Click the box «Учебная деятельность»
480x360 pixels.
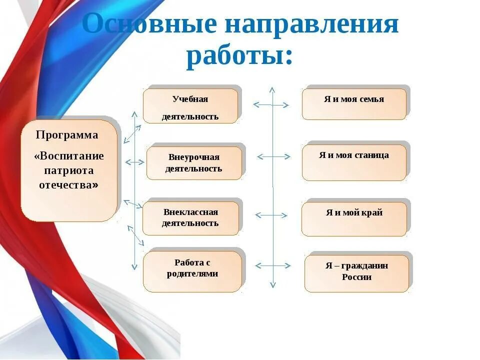(190, 106)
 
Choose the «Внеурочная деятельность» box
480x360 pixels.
(194, 163)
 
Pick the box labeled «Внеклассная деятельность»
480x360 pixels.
(190, 218)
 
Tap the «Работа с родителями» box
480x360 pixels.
(192, 271)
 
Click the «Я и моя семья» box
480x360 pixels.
(354, 104)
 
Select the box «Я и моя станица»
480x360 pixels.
(354, 162)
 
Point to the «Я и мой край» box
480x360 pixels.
(354, 219)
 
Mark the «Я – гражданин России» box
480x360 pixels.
(356, 273)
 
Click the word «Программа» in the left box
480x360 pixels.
(67, 135)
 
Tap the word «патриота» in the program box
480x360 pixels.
(69, 170)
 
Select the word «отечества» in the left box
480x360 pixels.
(66, 185)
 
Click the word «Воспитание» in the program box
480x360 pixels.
(71, 156)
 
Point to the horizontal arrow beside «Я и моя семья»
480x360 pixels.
(271, 105)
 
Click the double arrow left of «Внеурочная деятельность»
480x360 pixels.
(134, 162)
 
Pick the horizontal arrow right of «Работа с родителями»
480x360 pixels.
(273, 265)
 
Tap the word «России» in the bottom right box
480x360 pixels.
(356, 277)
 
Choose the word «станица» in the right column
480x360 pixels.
(371, 155)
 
